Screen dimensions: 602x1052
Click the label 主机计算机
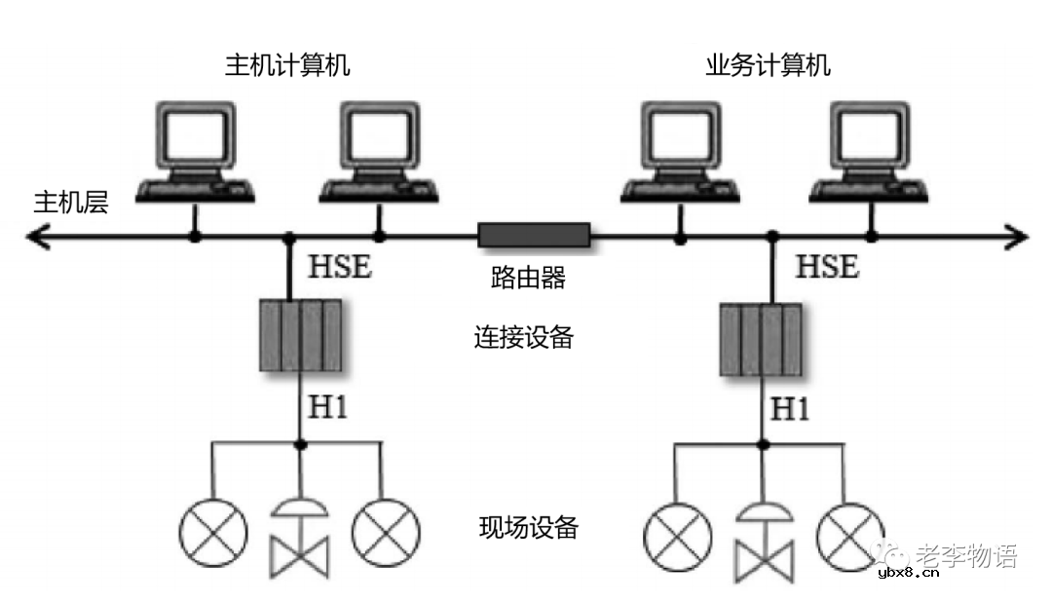pyautogui.click(x=287, y=66)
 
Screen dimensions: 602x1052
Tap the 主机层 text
pyautogui.click(x=71, y=203)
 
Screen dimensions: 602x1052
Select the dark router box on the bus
pyautogui.click(x=534, y=235)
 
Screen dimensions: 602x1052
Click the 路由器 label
pyautogui.click(x=528, y=280)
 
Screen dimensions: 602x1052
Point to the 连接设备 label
pyautogui.click(x=524, y=338)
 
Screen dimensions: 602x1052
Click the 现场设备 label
pyautogui.click(x=529, y=528)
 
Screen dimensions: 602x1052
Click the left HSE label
pyautogui.click(x=340, y=267)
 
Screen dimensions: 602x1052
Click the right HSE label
pyautogui.click(x=828, y=267)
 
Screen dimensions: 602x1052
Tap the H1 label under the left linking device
pyautogui.click(x=328, y=407)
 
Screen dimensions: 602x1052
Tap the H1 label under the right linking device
pyautogui.click(x=791, y=409)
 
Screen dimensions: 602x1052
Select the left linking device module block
pyautogui.click(x=301, y=335)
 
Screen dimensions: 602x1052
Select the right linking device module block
pyautogui.click(x=761, y=340)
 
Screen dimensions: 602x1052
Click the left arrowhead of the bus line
pyautogui.click(x=37, y=236)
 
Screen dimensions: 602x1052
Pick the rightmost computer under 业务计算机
pyautogui.click(x=870, y=151)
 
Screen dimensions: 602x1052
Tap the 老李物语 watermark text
pyautogui.click(x=966, y=556)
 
